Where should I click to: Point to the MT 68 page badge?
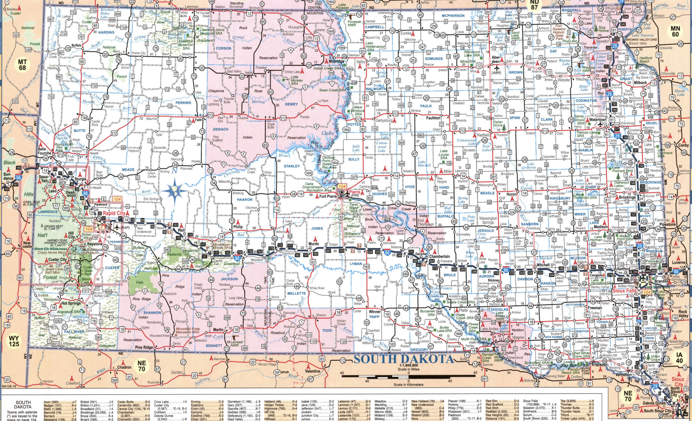click(x=22, y=64)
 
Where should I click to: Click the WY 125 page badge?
click(x=14, y=341)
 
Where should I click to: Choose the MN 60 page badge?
click(x=675, y=31)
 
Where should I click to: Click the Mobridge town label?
click(x=337, y=61)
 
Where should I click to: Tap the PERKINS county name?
click(x=183, y=103)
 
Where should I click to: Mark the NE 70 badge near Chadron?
click(x=142, y=366)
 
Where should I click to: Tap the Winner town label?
click(x=374, y=312)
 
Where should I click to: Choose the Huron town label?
click(x=511, y=194)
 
